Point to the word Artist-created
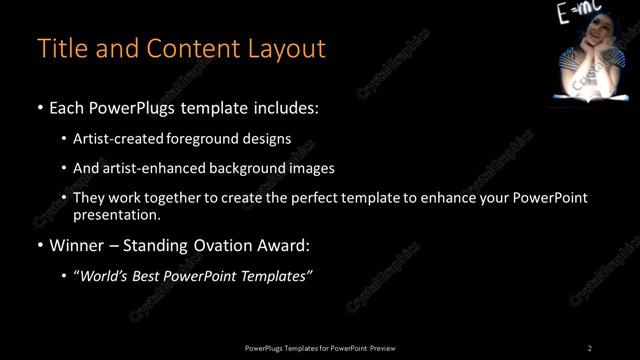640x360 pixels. [x=113, y=138]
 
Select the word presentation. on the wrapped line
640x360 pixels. [x=117, y=214]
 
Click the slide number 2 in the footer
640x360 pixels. [x=590, y=347]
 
